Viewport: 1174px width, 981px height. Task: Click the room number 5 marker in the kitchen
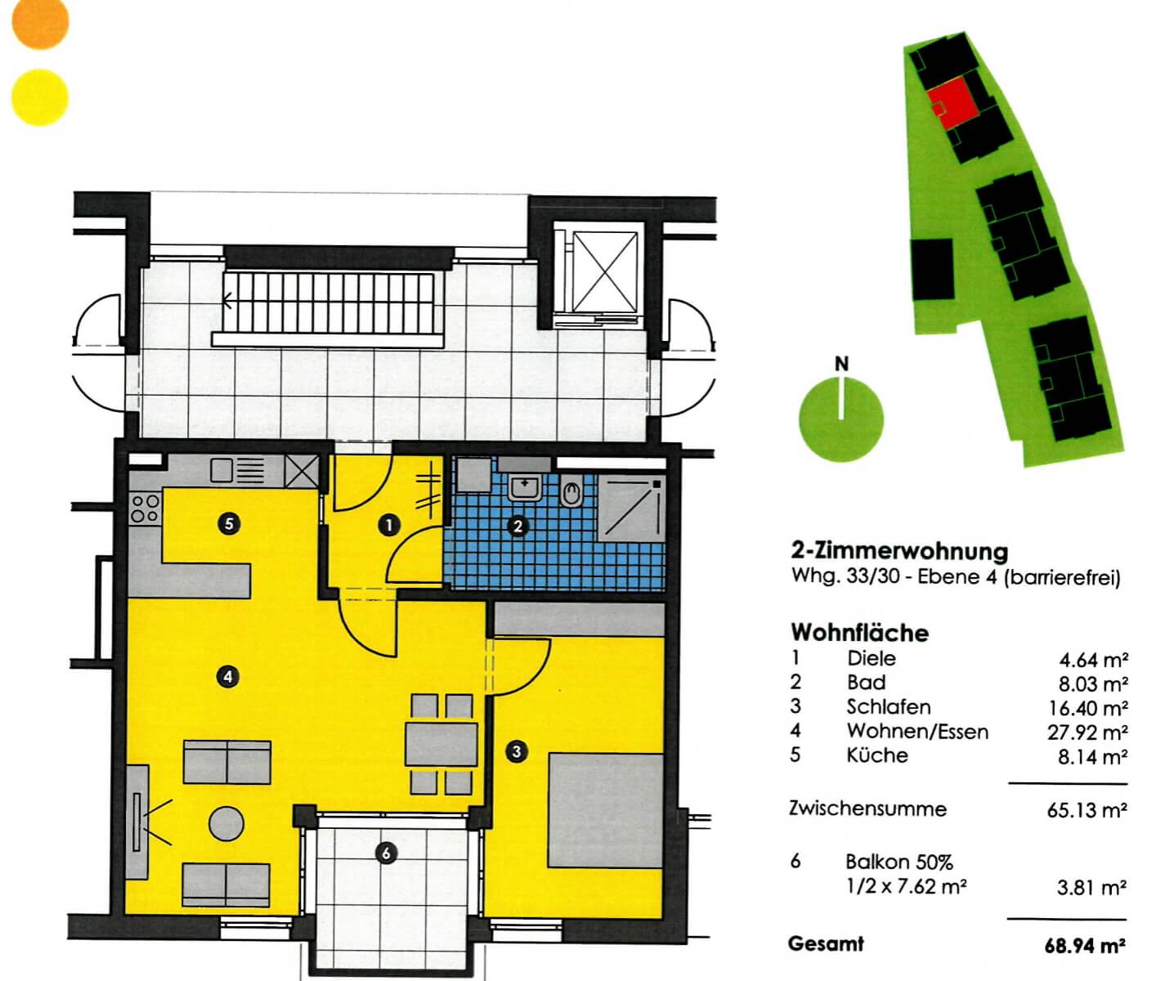[x=229, y=525]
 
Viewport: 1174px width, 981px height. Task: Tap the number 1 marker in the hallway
[x=390, y=525]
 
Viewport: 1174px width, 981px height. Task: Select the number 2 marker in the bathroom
[x=518, y=526]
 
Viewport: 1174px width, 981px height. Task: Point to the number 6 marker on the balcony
[x=386, y=853]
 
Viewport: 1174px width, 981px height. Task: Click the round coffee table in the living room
[x=226, y=824]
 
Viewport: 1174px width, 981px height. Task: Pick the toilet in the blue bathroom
[x=571, y=494]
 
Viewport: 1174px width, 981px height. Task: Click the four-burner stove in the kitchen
[x=145, y=508]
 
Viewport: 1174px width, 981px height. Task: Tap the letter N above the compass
[x=841, y=365]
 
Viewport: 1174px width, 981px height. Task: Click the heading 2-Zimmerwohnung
[x=899, y=551]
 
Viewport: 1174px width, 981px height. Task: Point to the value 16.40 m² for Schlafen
[x=1087, y=708]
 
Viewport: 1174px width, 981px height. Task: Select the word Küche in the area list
[x=877, y=755]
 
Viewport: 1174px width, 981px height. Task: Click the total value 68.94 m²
[x=1085, y=946]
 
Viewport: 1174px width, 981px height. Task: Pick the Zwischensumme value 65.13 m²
[x=1087, y=810]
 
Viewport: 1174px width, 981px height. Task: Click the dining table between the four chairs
[x=441, y=744]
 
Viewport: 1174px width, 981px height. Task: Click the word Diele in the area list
[x=871, y=658]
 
